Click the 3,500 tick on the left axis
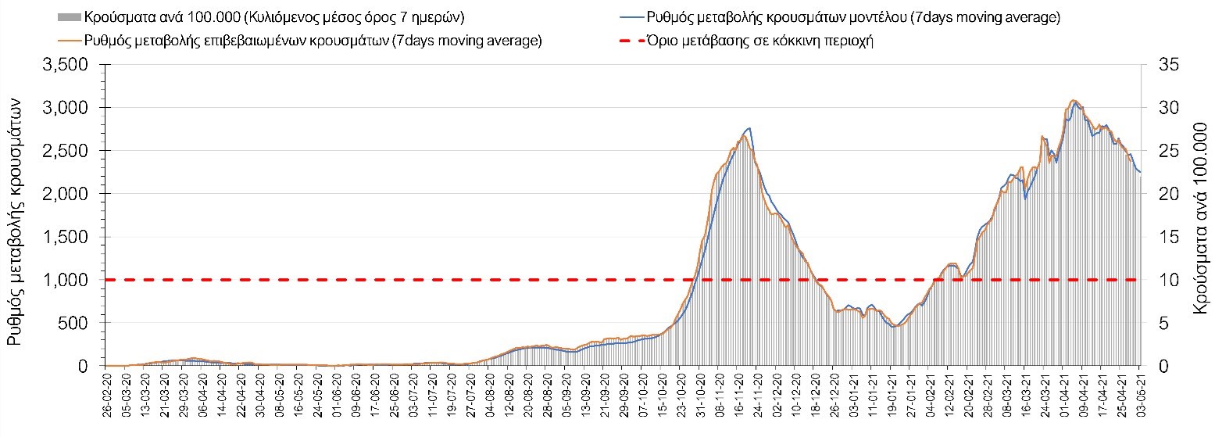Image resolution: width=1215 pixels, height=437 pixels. [68, 64]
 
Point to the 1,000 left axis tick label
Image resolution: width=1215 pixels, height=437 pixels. [68, 280]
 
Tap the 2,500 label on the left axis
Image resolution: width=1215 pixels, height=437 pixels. [68, 150]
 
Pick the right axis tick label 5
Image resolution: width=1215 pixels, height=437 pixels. [1156, 323]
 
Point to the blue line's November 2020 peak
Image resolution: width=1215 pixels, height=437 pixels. [749, 128]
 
